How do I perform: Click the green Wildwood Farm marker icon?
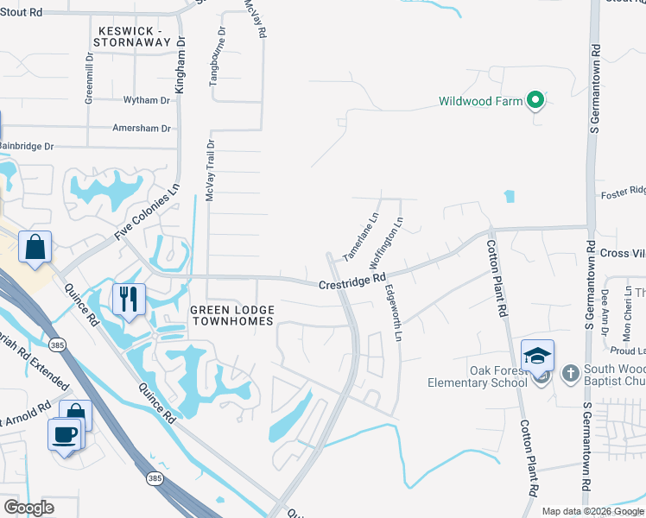[x=535, y=102]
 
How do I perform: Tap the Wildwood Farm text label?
[x=481, y=102]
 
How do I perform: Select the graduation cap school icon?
[x=536, y=355]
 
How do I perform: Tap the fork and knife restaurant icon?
[x=129, y=298]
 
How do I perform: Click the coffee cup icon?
[x=64, y=433]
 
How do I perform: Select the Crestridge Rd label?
[x=351, y=281]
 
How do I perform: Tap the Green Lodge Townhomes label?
[x=231, y=315]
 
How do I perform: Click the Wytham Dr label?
[x=147, y=101]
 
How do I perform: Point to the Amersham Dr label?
[x=142, y=129]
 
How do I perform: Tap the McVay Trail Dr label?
[x=210, y=171]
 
